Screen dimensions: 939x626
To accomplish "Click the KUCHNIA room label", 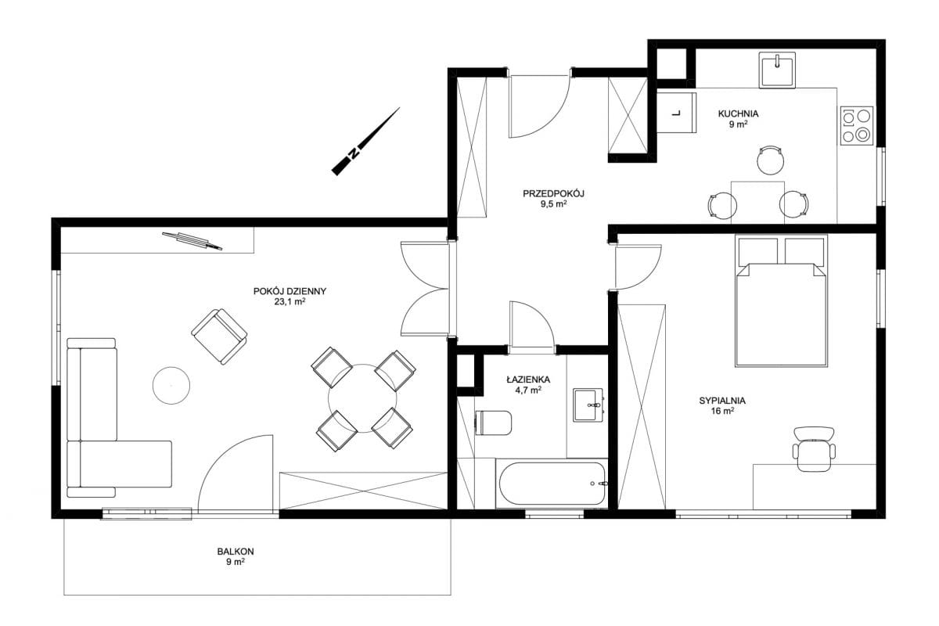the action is point(738,113).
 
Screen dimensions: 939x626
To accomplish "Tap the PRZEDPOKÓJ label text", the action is point(553,194).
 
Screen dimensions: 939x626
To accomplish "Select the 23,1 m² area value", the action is point(290,302).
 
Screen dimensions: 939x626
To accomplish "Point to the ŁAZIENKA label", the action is point(528,380).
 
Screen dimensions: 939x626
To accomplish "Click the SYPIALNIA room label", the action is point(722,401).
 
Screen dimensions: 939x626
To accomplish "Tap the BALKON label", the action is point(236,552).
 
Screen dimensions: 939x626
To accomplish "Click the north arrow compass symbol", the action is point(365,142).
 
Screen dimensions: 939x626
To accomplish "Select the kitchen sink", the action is point(777,70).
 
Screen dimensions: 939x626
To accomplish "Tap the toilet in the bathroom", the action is point(494,423).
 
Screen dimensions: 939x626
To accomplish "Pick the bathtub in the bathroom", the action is point(551,484).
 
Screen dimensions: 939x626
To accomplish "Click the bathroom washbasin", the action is point(588,405).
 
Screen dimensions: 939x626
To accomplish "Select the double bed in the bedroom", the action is point(781,300).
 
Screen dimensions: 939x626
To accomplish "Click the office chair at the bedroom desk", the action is point(814,448).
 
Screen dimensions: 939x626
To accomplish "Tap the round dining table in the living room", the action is point(362,398).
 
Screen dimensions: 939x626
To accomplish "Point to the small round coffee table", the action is point(171,386).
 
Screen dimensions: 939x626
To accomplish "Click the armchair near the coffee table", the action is point(219,336).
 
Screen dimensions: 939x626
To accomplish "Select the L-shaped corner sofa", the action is point(119,418).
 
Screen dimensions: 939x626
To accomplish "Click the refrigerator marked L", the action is point(676,113).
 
